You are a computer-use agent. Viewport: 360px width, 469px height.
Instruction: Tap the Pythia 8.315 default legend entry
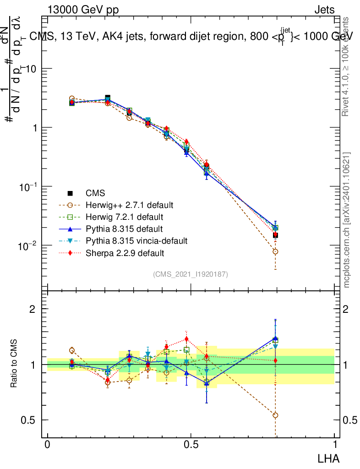pos(125,229)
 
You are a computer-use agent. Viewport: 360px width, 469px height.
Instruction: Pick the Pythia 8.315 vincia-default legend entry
pos(137,240)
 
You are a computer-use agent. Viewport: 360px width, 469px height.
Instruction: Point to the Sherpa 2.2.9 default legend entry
pos(125,252)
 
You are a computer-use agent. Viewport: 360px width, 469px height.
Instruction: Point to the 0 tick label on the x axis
pos(48,445)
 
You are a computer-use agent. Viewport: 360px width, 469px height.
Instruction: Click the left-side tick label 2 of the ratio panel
pos(33,309)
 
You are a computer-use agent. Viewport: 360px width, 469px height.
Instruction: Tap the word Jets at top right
pos(324,10)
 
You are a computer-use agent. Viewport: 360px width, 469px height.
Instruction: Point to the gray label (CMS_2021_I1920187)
pos(191,274)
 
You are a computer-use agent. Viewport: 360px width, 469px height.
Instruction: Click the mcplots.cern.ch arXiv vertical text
pos(347,220)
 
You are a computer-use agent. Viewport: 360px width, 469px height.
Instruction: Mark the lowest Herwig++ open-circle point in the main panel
pos(275,251)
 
